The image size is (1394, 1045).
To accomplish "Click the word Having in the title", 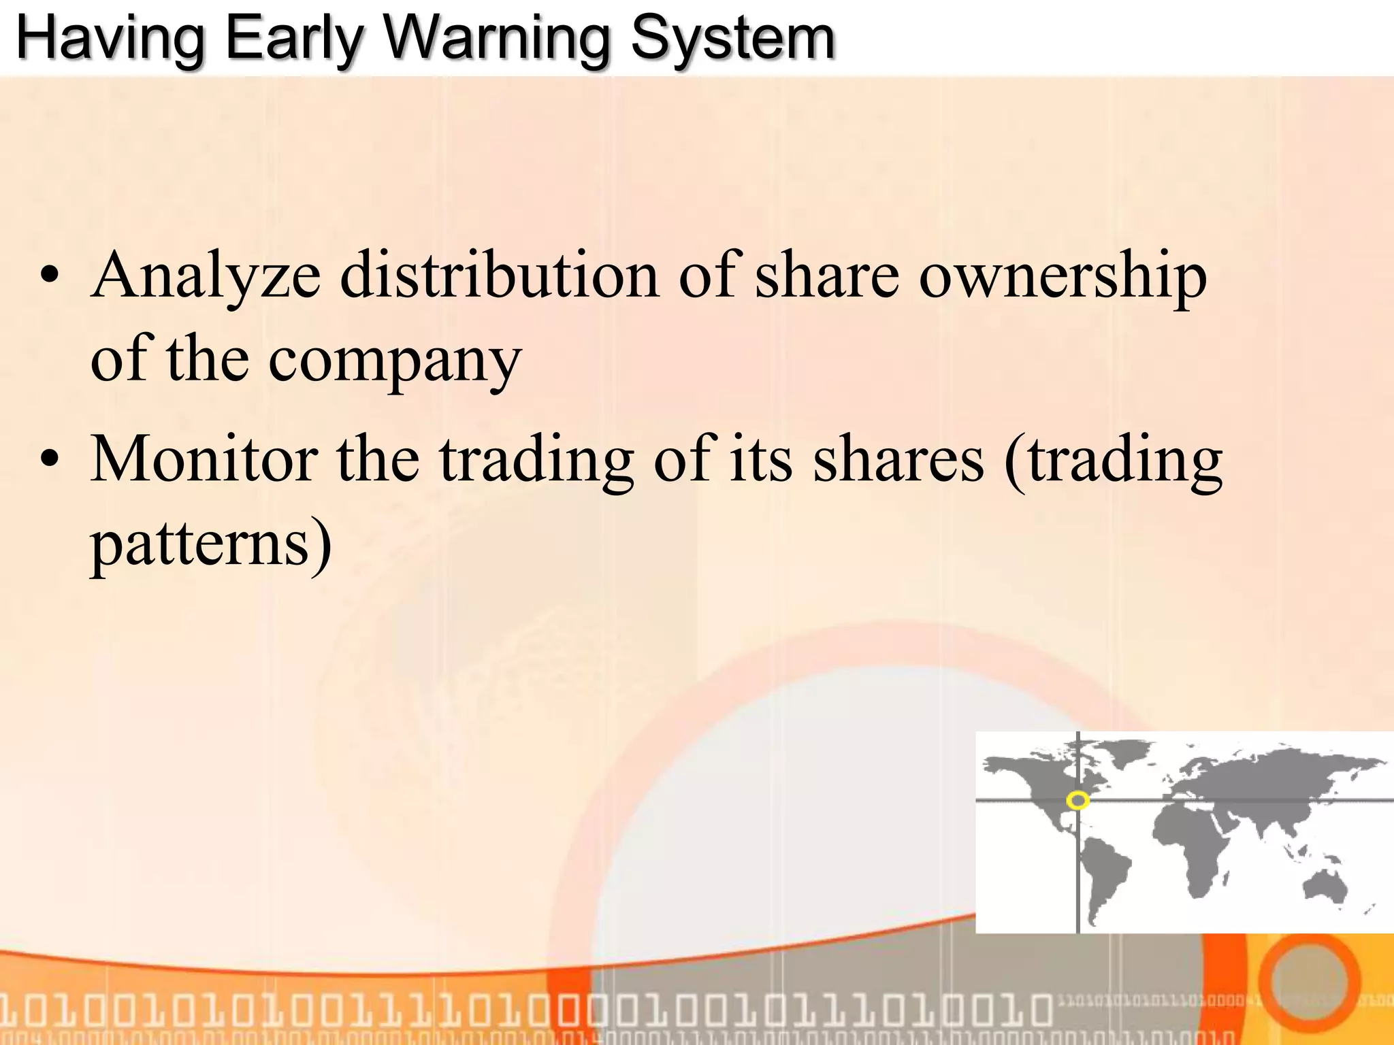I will [110, 39].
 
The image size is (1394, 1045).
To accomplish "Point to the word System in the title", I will [732, 39].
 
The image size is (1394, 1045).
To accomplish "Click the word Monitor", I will [204, 460].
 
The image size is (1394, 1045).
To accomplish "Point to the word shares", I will [898, 460].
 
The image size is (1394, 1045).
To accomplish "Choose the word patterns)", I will [211, 545].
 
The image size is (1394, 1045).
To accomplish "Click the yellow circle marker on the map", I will [1077, 800].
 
